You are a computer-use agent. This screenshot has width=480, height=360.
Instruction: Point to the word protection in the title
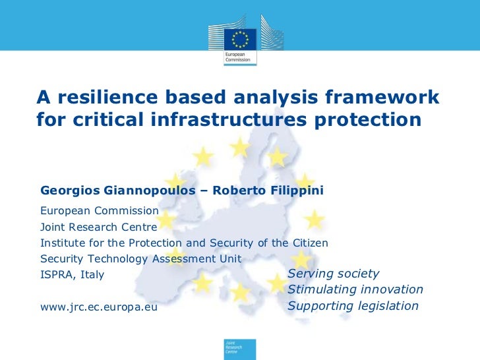[364, 121]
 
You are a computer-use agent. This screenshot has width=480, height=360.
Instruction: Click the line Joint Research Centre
[99, 227]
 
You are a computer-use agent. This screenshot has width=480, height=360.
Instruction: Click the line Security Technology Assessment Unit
[141, 258]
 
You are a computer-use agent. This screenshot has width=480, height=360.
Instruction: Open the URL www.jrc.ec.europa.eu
[99, 307]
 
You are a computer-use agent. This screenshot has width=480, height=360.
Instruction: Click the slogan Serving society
[334, 274]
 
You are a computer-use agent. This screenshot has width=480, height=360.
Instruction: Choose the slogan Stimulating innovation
[355, 289]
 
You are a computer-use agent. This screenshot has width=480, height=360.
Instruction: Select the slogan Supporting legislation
[353, 306]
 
